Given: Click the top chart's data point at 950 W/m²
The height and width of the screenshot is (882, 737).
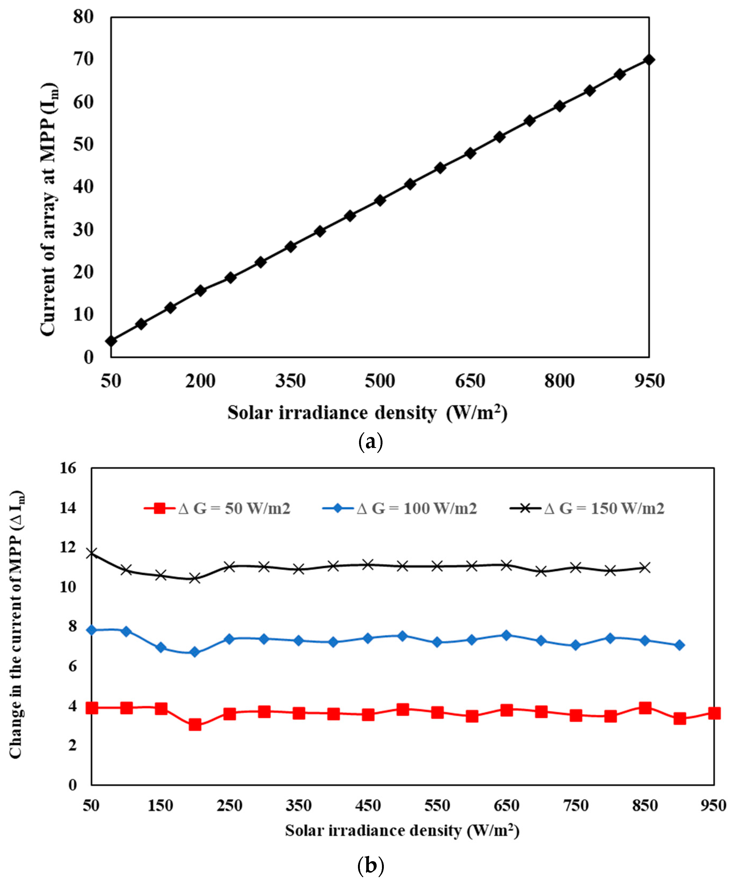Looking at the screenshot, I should coord(649,60).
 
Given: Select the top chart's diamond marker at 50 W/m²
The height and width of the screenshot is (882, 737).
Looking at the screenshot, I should coord(111,341).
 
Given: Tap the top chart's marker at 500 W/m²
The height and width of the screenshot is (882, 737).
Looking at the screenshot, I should coord(380,200).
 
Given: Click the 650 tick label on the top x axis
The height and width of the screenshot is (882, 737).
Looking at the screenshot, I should coord(470,381).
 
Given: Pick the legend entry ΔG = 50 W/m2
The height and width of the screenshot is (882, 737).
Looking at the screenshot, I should coord(217,509).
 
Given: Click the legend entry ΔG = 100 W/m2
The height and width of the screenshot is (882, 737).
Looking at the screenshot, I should coord(400,509).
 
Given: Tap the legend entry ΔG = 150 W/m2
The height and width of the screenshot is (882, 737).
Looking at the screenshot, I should coord(587,509).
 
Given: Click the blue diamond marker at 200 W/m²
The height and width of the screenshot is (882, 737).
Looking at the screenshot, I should coord(195,652).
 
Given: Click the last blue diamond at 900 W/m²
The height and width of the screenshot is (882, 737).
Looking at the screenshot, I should coord(679,645).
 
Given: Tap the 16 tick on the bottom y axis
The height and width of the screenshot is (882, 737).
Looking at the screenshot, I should coord(68,468).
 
